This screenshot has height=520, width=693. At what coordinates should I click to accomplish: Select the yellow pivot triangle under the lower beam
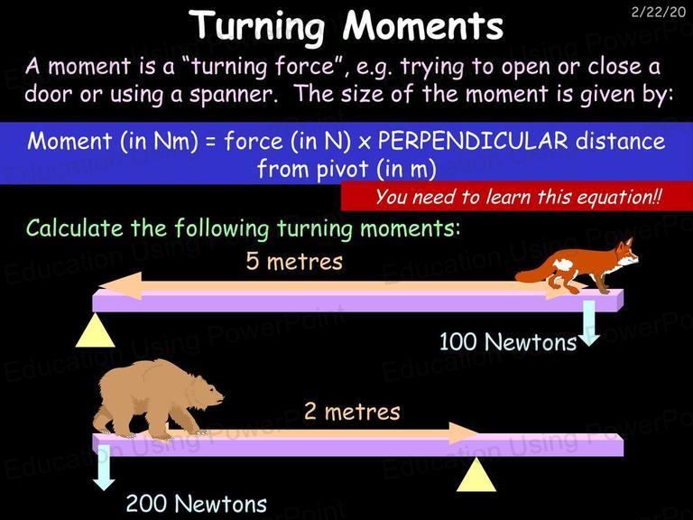[476, 475]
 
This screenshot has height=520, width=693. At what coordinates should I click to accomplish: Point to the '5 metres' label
[294, 261]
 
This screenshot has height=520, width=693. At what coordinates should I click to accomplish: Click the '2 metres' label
[352, 412]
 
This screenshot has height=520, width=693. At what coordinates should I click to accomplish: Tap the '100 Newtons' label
[508, 342]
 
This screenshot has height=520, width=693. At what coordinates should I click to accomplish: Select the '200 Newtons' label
[197, 503]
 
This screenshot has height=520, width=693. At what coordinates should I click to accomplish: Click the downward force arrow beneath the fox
[589, 323]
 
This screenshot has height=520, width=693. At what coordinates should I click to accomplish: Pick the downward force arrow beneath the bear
[104, 468]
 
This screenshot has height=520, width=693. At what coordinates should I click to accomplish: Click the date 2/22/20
[658, 12]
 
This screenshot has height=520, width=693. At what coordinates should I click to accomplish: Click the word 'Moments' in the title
[423, 25]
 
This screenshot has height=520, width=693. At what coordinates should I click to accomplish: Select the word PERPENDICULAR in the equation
[473, 141]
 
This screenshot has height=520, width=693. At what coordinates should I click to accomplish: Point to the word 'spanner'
[231, 95]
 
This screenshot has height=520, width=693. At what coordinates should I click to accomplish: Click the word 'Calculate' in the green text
[74, 228]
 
